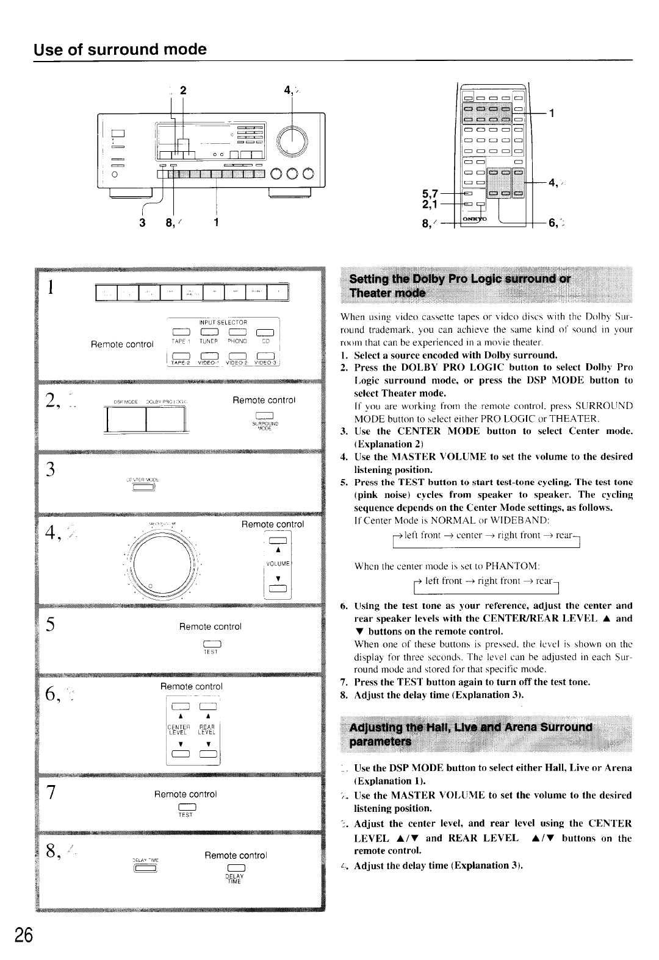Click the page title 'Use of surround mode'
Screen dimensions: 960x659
point(120,49)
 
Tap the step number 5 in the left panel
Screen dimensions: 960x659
point(52,625)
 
